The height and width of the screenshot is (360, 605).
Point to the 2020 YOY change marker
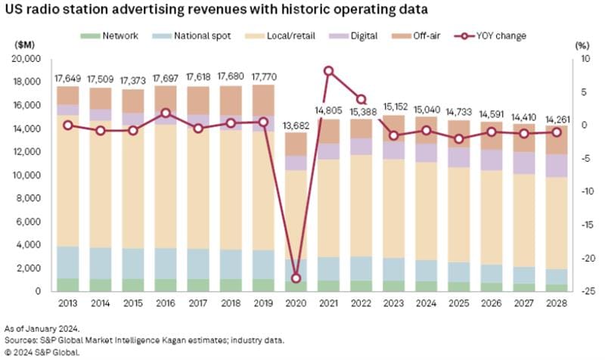pyautogui.click(x=296, y=278)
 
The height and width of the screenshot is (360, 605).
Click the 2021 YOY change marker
pyautogui.click(x=328, y=70)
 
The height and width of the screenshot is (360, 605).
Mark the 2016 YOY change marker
pyautogui.click(x=166, y=113)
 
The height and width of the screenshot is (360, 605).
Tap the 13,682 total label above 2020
pyautogui.click(x=296, y=124)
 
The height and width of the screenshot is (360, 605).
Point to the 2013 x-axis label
pyautogui.click(x=68, y=303)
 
